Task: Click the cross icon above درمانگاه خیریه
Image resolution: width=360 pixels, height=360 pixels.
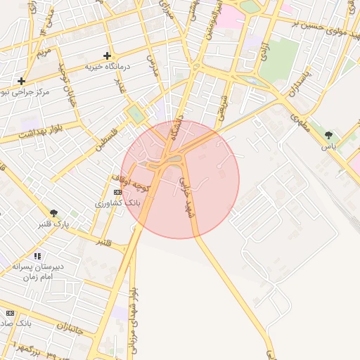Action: (107, 56)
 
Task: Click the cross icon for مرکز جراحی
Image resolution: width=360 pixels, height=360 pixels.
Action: (21, 81)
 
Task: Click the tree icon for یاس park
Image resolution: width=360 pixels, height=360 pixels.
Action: (328, 134)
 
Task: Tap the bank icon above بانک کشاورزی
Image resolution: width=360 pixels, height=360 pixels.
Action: (117, 192)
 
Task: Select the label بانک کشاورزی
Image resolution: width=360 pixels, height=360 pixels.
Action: (119, 202)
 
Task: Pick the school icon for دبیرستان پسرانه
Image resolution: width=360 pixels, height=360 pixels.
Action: (37, 256)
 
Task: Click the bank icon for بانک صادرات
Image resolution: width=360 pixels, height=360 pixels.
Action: (10, 312)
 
